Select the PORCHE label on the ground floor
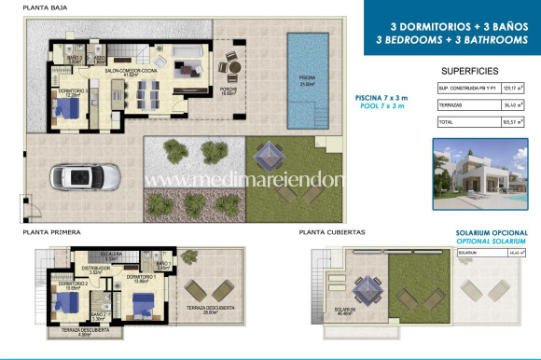click(228, 90)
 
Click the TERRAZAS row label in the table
click(451, 105)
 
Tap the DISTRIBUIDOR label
click(101, 268)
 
